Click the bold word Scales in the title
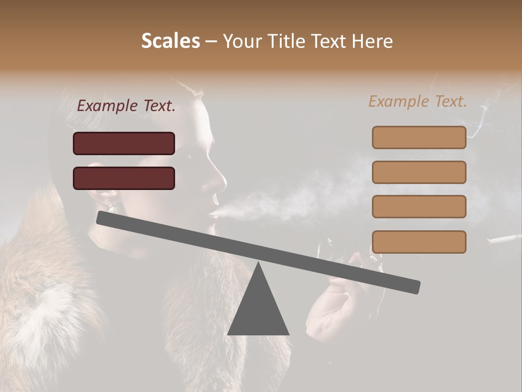point(171,41)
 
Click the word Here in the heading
point(371,41)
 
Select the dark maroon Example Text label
point(126,106)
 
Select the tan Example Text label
point(418,101)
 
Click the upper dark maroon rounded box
point(124,143)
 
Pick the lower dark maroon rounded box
point(124,178)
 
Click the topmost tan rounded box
point(419,137)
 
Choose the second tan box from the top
point(419,172)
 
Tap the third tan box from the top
point(419,207)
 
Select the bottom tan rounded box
point(419,242)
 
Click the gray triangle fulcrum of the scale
point(258,305)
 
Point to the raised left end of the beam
point(103,217)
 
